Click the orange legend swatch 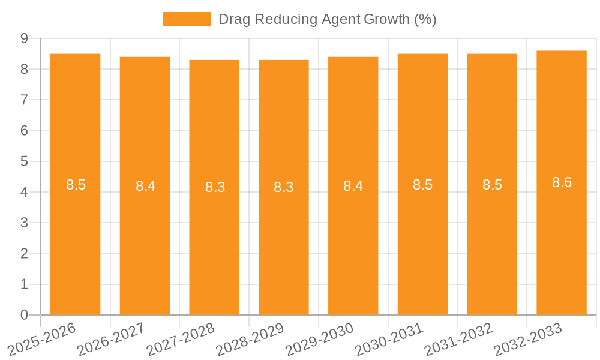(x=187, y=19)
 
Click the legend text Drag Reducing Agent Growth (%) (x=327, y=19)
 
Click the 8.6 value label (x=562, y=183)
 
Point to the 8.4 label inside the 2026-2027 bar (x=145, y=186)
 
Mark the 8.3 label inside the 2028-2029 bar (x=283, y=187)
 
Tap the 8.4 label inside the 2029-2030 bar (x=353, y=186)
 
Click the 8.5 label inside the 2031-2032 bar (x=492, y=185)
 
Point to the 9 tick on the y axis (x=24, y=38)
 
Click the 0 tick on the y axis (x=24, y=315)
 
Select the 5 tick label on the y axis (x=24, y=161)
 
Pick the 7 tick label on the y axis (x=24, y=100)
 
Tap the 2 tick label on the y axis (x=24, y=254)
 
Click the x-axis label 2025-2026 (x=42, y=338)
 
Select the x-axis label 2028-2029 (x=250, y=338)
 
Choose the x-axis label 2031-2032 (x=459, y=338)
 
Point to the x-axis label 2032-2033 (x=528, y=338)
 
